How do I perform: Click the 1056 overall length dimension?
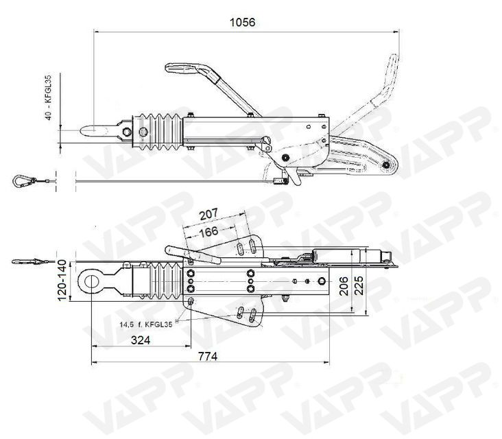pos(243,22)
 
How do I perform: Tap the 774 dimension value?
pos(208,356)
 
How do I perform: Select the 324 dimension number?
pos(140,340)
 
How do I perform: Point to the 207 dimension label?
pos(208,214)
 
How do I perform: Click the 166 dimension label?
pos(208,232)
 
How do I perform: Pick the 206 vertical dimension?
pos(344,286)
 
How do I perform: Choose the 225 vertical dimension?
pos(359,285)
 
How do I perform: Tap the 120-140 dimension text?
pos(62,280)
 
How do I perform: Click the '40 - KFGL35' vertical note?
pos(48,97)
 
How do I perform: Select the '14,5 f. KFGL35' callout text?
pos(146,324)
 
